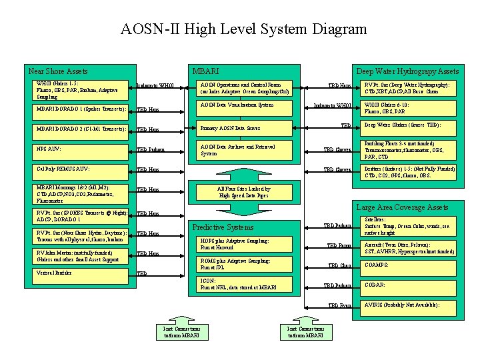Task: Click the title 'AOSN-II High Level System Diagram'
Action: click(243, 29)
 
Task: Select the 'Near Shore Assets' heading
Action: click(58, 71)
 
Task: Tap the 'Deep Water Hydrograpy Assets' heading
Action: click(407, 71)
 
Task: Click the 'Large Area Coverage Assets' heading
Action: click(403, 207)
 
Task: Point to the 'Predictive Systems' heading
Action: click(223, 227)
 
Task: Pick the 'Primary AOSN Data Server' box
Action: click(247, 127)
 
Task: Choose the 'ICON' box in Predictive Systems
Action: click(247, 285)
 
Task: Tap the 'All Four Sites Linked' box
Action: click(244, 193)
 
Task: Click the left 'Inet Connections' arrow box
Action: click(181, 331)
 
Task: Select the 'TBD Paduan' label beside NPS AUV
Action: click(150, 149)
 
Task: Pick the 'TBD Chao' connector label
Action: click(340, 265)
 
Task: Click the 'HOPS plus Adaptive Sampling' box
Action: click(247, 243)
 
